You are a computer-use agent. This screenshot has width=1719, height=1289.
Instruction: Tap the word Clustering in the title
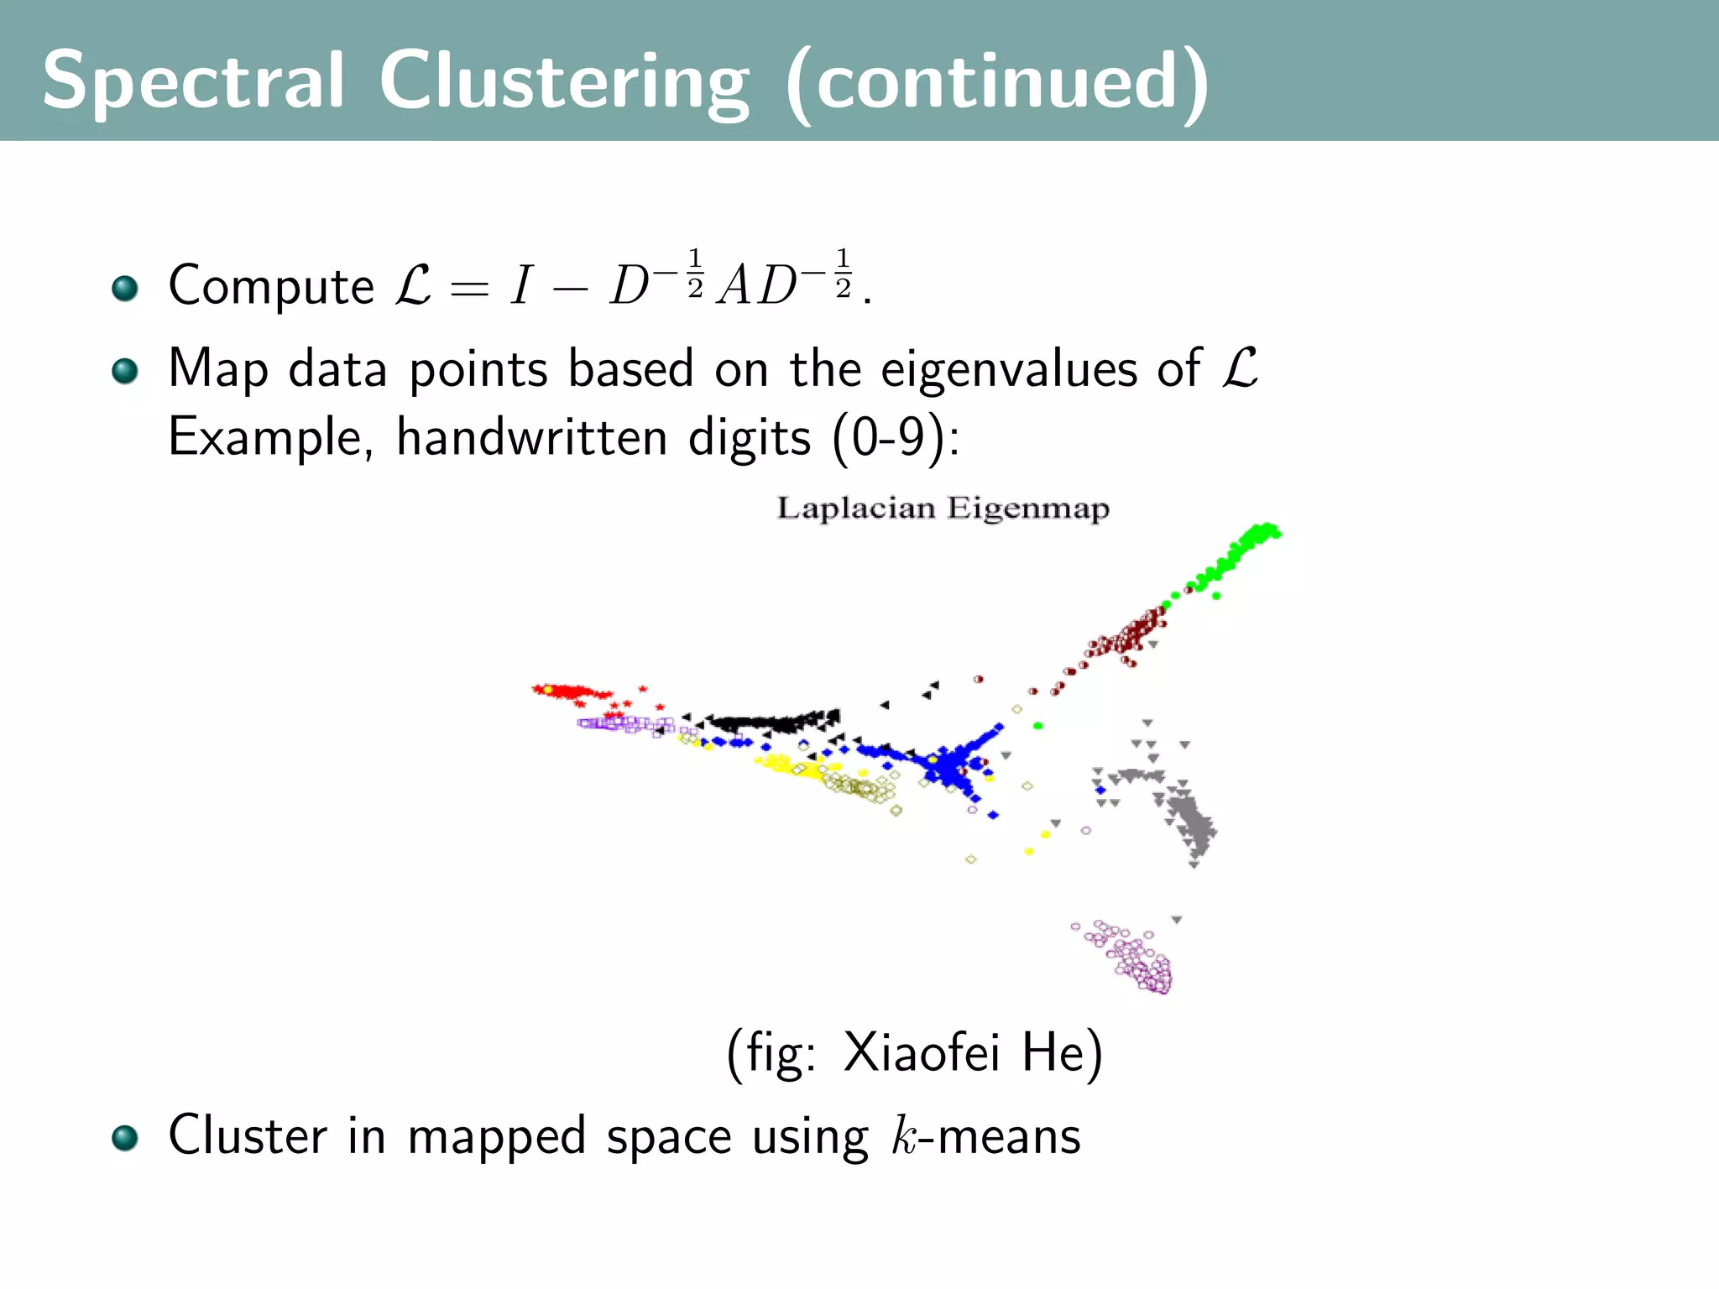[563, 81]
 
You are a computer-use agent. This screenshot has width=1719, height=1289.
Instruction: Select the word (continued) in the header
[996, 81]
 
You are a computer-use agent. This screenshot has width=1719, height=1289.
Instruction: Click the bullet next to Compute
[125, 288]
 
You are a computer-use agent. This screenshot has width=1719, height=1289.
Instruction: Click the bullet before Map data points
[125, 370]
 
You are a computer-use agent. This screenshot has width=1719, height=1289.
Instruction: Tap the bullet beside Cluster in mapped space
[125, 1138]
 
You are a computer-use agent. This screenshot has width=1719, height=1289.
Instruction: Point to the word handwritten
[531, 437]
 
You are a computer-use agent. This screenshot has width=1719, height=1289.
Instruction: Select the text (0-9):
[896, 437]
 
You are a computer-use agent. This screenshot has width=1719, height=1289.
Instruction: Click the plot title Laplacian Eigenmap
[943, 508]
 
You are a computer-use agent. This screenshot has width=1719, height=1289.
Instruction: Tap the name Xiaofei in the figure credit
[921, 1052]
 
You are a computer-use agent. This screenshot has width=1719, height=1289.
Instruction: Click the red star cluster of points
[571, 692]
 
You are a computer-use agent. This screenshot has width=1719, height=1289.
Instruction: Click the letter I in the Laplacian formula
[521, 286]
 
